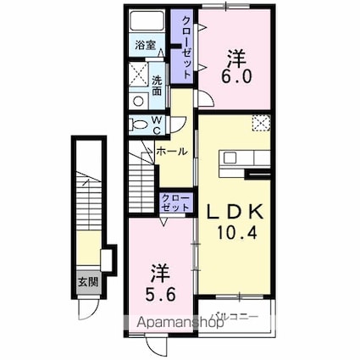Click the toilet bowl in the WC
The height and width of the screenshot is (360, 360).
click(139, 125)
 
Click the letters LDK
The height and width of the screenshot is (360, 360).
click(235, 208)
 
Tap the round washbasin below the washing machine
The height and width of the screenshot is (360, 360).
click(138, 99)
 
